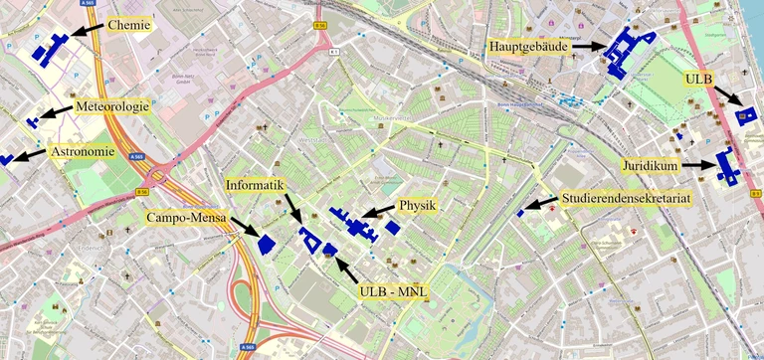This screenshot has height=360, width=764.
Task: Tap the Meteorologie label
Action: click(111, 106)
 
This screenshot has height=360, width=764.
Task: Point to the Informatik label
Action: click(256, 185)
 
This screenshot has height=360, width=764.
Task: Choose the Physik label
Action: click(418, 206)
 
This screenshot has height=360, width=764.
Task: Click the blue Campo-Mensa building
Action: click(267, 244)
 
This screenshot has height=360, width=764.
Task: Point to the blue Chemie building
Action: click(48, 48)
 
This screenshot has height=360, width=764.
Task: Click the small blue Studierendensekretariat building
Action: click(520, 213)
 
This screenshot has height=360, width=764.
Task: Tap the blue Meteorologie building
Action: click(34, 122)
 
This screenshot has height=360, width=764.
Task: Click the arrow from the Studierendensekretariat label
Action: click(540, 205)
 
